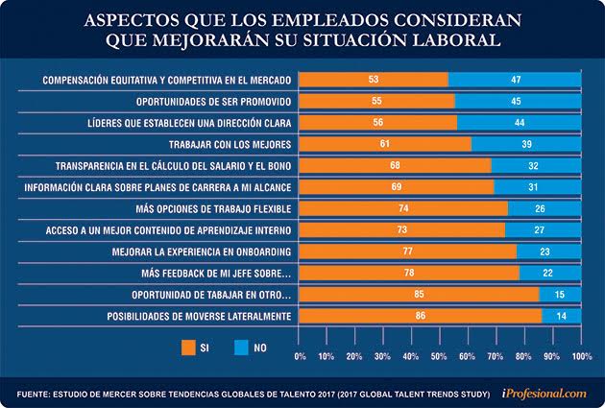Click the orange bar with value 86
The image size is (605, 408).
[421, 315]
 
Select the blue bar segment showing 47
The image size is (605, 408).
[515, 79]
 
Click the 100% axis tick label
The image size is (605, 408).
[580, 355]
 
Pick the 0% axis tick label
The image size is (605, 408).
[301, 355]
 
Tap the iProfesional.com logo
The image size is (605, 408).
[544, 392]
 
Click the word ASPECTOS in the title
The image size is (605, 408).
[141, 20]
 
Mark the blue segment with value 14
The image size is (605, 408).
[561, 315]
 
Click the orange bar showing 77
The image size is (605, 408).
[408, 252]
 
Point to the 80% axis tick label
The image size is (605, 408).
[524, 355]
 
